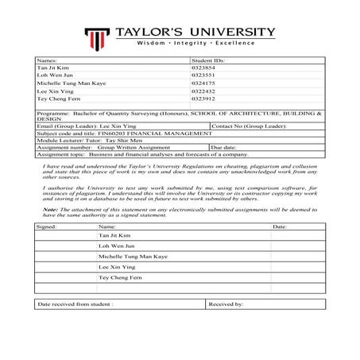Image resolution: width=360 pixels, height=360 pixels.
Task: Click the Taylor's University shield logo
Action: (98, 37)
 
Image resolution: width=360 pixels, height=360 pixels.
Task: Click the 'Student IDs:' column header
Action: (208, 60)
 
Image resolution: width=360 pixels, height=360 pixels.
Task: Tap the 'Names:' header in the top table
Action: (47, 60)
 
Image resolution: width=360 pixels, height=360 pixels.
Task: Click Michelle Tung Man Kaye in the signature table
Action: (133, 257)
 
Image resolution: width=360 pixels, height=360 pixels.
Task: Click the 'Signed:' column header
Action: (47, 226)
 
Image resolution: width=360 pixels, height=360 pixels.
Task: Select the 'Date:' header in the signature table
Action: (280, 226)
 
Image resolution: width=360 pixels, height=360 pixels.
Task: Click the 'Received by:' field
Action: (226, 304)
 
